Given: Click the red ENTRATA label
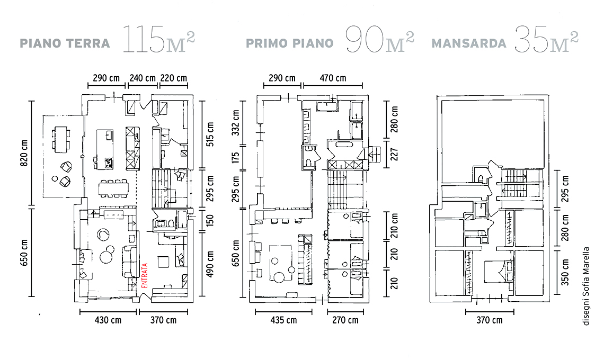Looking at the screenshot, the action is click(145, 275).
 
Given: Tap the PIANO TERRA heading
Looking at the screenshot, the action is click(65, 43).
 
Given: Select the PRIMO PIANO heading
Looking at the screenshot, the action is click(290, 43).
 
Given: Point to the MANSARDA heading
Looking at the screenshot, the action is click(469, 43).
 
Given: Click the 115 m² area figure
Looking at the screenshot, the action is click(159, 39).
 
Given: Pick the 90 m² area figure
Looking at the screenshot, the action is click(380, 39).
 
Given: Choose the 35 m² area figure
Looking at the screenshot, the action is click(547, 39).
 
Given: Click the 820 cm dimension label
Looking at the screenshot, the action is click(24, 153).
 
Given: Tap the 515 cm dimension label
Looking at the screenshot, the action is click(210, 134).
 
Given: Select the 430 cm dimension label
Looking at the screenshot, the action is click(108, 320).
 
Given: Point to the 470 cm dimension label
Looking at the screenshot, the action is click(333, 78).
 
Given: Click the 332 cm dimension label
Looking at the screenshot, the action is click(236, 123).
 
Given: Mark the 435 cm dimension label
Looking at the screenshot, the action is click(283, 320).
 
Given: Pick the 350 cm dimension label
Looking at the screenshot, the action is click(565, 272).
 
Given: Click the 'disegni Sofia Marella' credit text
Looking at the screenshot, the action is click(586, 286).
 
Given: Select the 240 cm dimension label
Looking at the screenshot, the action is click(143, 78).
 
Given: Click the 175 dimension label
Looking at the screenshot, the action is click(236, 157).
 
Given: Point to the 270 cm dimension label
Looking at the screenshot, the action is click(345, 320).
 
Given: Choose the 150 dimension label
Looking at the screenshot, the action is click(210, 220).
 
